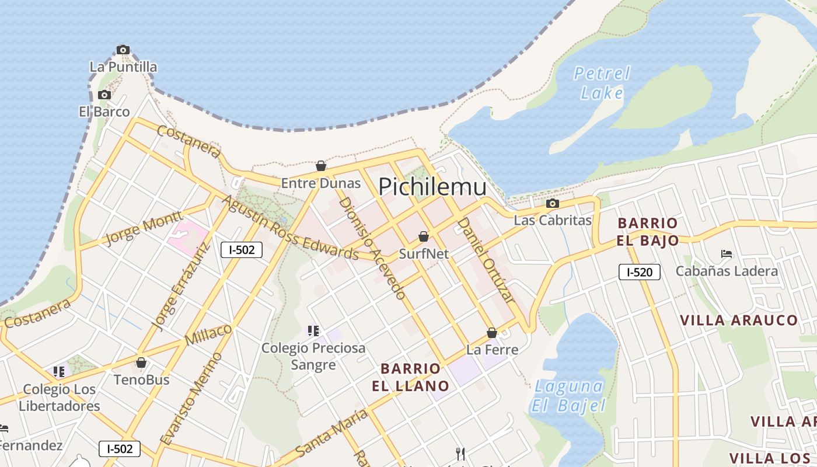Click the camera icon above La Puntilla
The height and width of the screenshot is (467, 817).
(123, 50)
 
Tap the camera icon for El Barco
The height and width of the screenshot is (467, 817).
(104, 95)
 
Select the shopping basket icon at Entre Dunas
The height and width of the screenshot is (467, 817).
(320, 166)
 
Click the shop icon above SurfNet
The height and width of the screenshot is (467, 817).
(424, 236)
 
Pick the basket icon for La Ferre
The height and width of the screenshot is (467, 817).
(492, 333)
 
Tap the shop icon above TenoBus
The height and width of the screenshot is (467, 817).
(141, 363)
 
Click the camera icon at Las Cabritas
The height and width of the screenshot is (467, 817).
(552, 204)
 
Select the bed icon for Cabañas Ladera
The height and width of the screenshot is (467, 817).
(727, 254)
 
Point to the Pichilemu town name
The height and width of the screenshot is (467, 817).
(432, 187)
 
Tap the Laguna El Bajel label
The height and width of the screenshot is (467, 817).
(569, 395)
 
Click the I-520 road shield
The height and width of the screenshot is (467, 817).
(640, 271)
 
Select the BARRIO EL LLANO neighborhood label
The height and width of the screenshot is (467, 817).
(411, 377)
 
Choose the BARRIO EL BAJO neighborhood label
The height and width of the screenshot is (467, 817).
(648, 232)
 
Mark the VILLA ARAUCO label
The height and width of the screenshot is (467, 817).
(739, 320)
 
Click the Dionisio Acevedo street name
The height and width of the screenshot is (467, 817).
(372, 248)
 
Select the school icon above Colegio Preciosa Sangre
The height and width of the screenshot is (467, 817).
(313, 331)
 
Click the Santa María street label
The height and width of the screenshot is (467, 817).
(331, 433)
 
